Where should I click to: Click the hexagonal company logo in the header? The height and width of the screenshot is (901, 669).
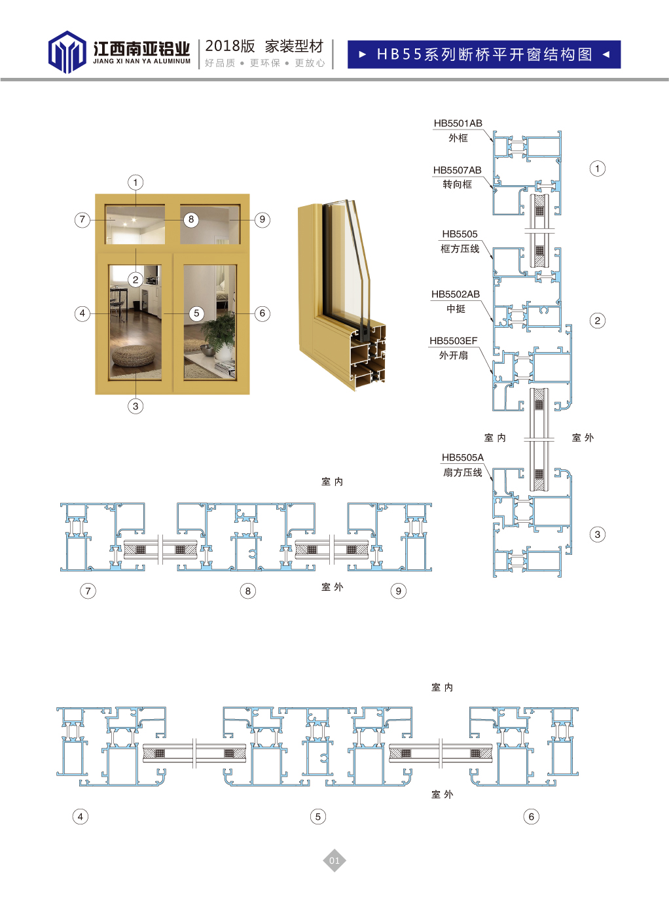pyautogui.click(x=67, y=52)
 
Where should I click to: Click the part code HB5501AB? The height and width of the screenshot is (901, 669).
pyautogui.click(x=458, y=123)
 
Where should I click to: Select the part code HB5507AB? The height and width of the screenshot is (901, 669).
pyautogui.click(x=458, y=170)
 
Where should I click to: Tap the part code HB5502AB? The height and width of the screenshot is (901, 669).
pyautogui.click(x=455, y=294)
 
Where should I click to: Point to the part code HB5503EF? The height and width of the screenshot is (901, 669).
pyautogui.click(x=453, y=341)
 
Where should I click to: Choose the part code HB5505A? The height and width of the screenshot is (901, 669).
pyautogui.click(x=463, y=457)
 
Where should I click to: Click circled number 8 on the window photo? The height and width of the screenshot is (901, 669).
pyautogui.click(x=191, y=219)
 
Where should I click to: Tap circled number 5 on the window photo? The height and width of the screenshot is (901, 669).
pyautogui.click(x=197, y=313)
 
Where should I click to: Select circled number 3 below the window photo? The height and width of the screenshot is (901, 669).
pyautogui.click(x=136, y=406)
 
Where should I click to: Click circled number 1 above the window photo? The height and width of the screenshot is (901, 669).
pyautogui.click(x=136, y=182)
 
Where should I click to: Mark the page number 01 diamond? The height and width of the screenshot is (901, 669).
pyautogui.click(x=334, y=860)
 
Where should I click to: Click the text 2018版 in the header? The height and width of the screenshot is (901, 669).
pyautogui.click(x=230, y=46)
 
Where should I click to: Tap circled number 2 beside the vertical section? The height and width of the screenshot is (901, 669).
pyautogui.click(x=598, y=321)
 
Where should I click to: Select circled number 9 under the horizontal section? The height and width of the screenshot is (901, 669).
pyautogui.click(x=398, y=591)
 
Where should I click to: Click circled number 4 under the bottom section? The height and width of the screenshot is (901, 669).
pyautogui.click(x=80, y=817)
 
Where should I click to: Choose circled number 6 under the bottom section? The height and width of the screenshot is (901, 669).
pyautogui.click(x=532, y=817)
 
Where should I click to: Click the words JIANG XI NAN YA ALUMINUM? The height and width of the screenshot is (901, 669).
pyautogui.click(x=142, y=62)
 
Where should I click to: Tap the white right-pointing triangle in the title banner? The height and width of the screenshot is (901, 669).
pyautogui.click(x=363, y=54)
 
